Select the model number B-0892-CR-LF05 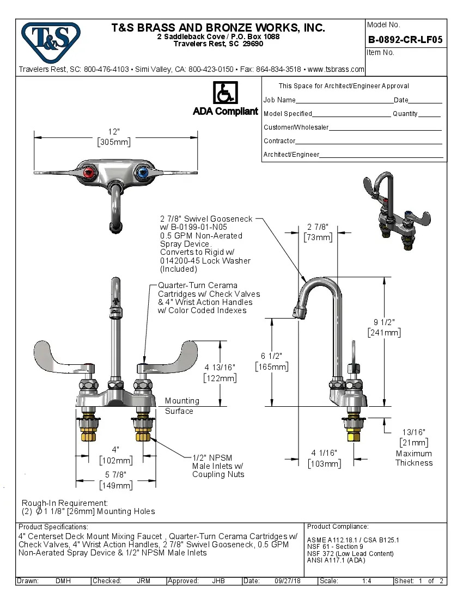tap(405, 39)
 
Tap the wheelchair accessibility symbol tap(225, 93)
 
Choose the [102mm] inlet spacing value tap(115, 460)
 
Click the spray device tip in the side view tap(298, 313)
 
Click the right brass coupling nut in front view tap(143, 436)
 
